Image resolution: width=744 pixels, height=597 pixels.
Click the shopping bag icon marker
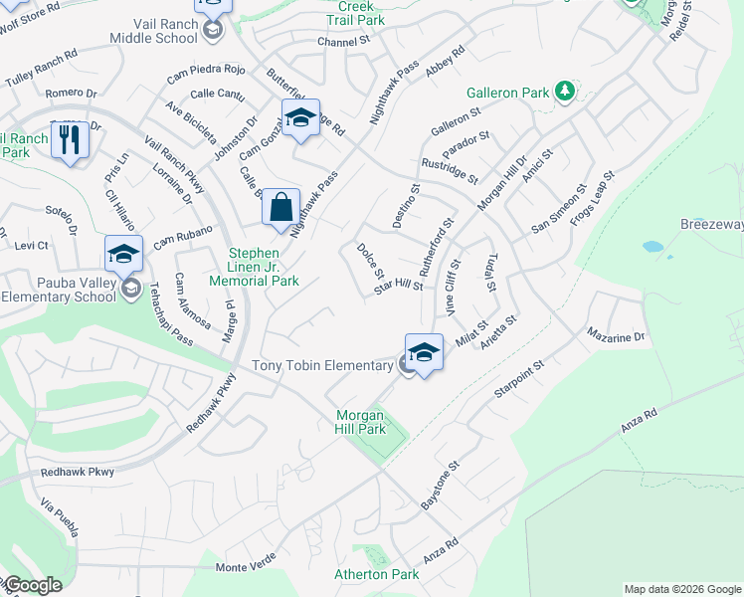tap(281, 208)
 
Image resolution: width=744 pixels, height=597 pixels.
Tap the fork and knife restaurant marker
tap(69, 139)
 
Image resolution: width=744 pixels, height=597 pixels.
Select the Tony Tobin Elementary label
tap(322, 366)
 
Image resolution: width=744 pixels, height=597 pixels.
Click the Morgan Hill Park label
tap(359, 422)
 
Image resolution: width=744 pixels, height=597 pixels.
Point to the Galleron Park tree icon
tap(565, 93)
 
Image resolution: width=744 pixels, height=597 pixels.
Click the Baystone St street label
tap(440, 487)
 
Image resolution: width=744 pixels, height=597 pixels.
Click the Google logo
tap(32, 585)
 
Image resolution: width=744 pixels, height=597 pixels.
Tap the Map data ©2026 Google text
tap(682, 589)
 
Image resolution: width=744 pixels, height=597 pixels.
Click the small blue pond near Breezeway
tap(652, 246)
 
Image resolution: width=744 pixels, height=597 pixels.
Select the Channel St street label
tap(343, 42)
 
